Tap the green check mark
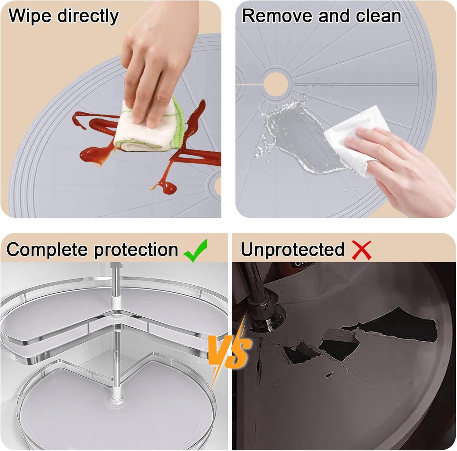(x=196, y=250)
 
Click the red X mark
(x=362, y=250)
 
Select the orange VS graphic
(x=229, y=350)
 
